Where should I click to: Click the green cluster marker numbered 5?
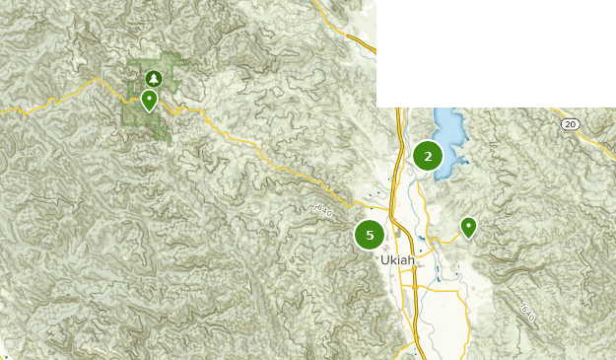click(370, 235)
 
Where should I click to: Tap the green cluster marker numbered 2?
click(428, 156)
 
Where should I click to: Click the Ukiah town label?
click(397, 260)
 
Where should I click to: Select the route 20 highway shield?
click(570, 123)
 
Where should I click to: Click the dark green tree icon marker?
click(153, 78)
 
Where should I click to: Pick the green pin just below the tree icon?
click(149, 100)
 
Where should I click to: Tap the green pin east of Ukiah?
click(468, 228)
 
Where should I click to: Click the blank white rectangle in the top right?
click(493, 49)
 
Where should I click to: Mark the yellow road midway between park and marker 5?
click(266, 158)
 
